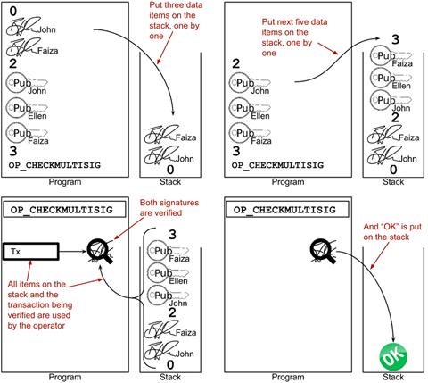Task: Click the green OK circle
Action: pyautogui.click(x=393, y=357)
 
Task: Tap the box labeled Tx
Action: pyautogui.click(x=31, y=252)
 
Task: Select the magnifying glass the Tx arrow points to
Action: pyautogui.click(x=100, y=252)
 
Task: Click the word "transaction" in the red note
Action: pyautogui.click(x=40, y=305)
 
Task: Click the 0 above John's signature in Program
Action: pyautogui.click(x=13, y=12)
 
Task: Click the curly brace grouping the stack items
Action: pyautogui.click(x=144, y=297)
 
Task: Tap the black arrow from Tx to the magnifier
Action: pyautogui.click(x=73, y=252)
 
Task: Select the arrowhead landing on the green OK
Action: pyautogui.click(x=393, y=340)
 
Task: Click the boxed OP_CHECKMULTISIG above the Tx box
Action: pyautogui.click(x=64, y=210)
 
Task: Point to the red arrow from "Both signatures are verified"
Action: pyautogui.click(x=127, y=229)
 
